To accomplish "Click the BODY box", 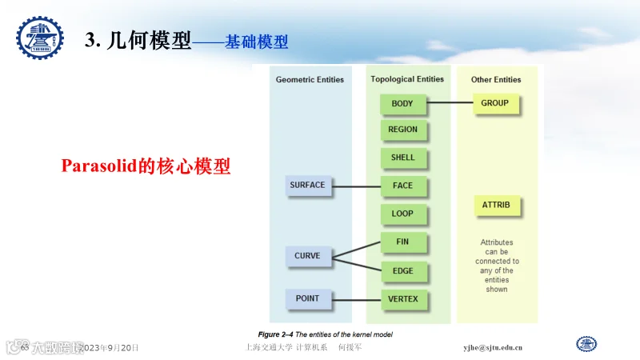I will click(402, 104).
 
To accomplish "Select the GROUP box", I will click(494, 103).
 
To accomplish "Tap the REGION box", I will click(402, 130).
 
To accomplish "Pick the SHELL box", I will click(402, 158).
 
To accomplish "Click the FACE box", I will click(402, 186).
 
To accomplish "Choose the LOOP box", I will click(402, 214).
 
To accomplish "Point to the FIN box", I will click(402, 242).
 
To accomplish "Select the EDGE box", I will click(402, 270).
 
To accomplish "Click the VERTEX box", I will click(402, 299).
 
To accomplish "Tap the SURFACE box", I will click(307, 186).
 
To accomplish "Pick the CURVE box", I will click(307, 256).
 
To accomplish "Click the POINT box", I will click(307, 298).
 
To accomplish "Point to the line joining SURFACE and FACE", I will click(355, 187).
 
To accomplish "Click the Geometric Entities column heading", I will click(310, 80).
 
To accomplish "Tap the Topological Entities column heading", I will click(407, 79).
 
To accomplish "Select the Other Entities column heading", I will click(496, 80).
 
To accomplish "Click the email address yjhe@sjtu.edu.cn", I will click(493, 348).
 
